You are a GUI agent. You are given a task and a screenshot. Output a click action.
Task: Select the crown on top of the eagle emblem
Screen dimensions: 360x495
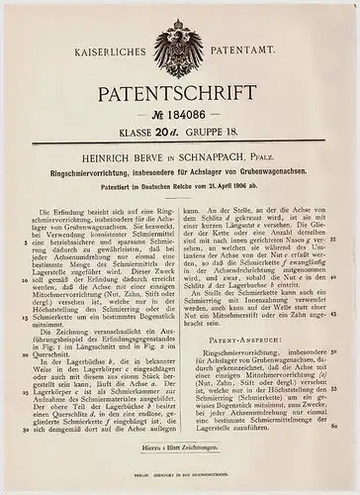coord(181,16)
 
